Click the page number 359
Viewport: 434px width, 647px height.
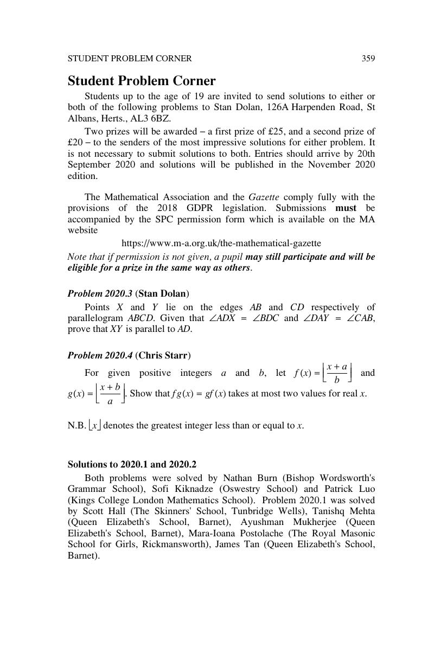(x=368, y=59)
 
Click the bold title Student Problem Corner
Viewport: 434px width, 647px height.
(x=142, y=81)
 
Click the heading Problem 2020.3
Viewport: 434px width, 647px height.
(x=100, y=293)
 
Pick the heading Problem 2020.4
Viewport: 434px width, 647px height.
(x=100, y=356)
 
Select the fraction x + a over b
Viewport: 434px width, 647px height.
(x=337, y=373)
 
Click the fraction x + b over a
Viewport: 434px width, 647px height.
(x=110, y=394)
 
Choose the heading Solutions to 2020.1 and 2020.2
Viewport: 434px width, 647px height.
(x=132, y=465)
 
